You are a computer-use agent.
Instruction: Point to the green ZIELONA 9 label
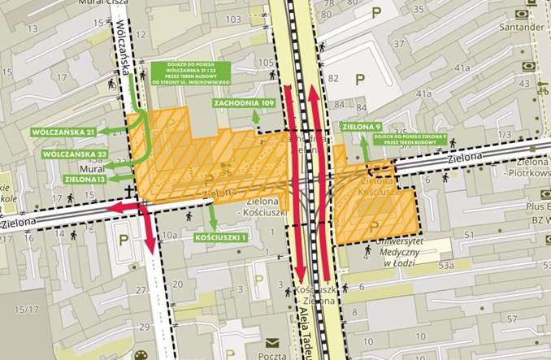click(362, 127)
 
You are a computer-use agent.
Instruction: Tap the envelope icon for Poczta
click(271, 342)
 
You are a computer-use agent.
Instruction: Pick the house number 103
click(233, 19)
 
